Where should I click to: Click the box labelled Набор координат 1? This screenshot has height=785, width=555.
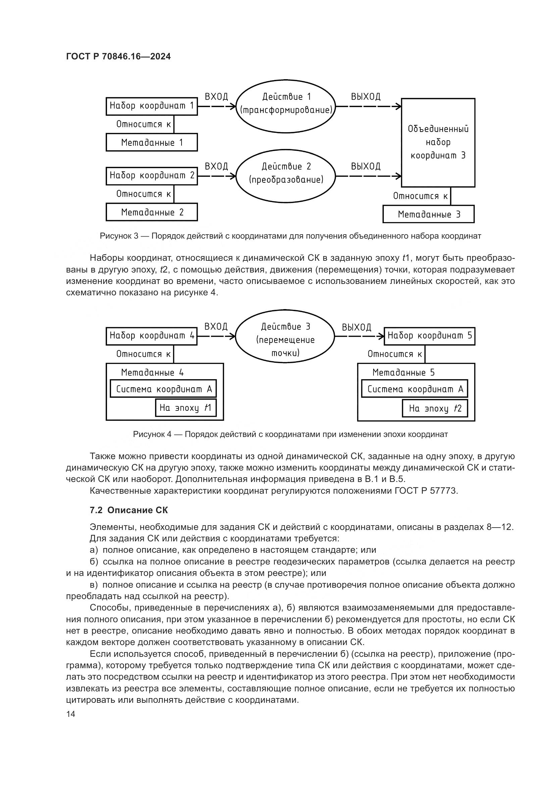coord(152,106)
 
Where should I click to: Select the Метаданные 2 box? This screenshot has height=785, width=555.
coord(152,212)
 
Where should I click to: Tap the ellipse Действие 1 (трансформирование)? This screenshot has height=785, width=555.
coord(286,106)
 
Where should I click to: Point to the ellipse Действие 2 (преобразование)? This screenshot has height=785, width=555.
coord(286,176)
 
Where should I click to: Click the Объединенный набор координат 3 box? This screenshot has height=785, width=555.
coord(438,142)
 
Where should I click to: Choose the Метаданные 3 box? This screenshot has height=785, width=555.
coord(428,214)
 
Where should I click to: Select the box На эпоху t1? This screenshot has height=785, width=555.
coord(186,407)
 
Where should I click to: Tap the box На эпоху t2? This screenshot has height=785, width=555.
coord(435,408)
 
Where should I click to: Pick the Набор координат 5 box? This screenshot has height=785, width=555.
coord(430,336)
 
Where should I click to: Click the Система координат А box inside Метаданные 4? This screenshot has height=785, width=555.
coord(163,389)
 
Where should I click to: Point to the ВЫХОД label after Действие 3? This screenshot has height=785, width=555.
coord(356,328)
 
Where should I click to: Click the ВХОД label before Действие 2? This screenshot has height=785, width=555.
coord(216,166)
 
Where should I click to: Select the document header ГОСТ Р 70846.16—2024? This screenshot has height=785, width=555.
coord(118,57)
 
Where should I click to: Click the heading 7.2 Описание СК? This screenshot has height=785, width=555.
coord(129,510)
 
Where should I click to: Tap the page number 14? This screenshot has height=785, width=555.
coord(70,714)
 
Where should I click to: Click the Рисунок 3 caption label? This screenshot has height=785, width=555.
coord(119,236)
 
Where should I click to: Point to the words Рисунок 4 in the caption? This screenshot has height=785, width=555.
coord(152,434)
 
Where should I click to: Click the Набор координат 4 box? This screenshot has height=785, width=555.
coord(152,336)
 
